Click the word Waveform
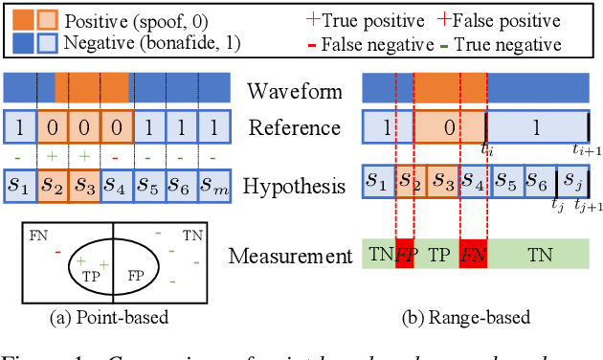295,91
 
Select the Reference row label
295,126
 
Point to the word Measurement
288,256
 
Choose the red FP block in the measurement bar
406,254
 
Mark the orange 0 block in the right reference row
449,126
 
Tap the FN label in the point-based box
37,234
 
